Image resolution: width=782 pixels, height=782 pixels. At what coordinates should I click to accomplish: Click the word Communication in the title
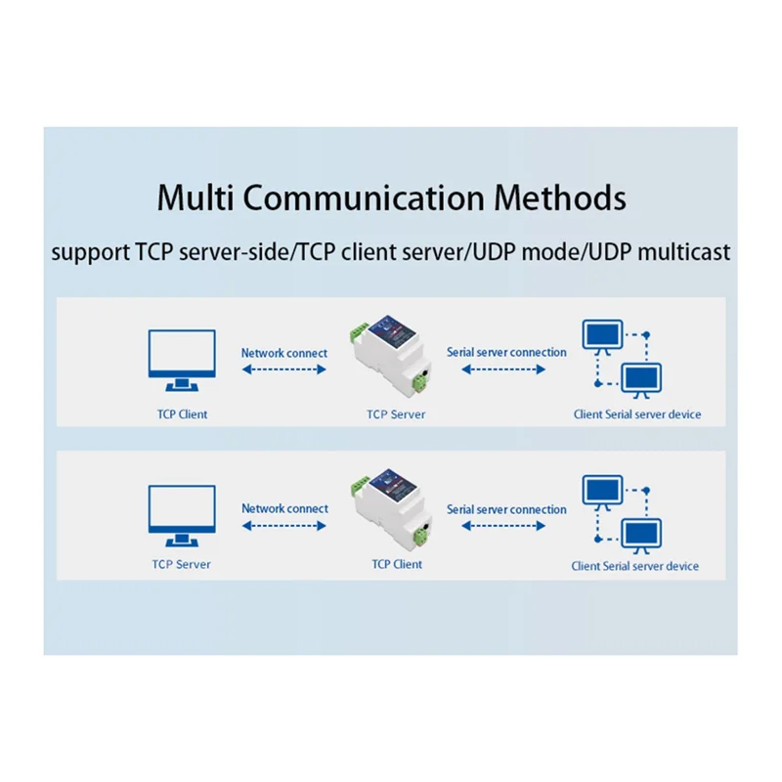(x=363, y=197)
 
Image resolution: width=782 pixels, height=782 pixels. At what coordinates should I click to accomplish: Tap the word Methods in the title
(x=559, y=197)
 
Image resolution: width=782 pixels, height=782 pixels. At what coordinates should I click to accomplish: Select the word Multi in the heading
(x=195, y=197)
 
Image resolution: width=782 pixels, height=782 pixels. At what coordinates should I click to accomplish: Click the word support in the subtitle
(x=89, y=252)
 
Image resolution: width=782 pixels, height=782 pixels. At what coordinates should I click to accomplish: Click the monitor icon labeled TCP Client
(x=182, y=356)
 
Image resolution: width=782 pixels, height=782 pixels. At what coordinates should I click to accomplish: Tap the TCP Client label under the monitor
(x=182, y=413)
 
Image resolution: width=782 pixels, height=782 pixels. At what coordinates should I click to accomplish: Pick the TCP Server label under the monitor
(x=182, y=564)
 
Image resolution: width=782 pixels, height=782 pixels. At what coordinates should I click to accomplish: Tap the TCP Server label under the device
(x=396, y=413)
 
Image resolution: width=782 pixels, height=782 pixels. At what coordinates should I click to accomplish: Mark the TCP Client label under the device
(x=396, y=564)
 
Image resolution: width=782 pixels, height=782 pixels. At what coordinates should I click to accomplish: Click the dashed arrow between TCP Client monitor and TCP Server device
(x=283, y=369)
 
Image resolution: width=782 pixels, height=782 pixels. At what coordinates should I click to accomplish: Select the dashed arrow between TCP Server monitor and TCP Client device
(x=283, y=526)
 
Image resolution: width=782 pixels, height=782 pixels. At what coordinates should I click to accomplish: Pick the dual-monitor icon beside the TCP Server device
(x=623, y=358)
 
